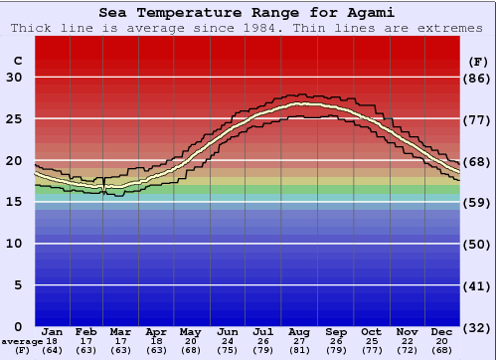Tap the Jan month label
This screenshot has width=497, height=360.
tap(53, 332)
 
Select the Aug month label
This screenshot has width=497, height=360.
tap(300, 332)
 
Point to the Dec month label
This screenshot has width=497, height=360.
tap(442, 332)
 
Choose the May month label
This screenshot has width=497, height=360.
tap(189, 332)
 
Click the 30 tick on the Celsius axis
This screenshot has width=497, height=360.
tap(15, 78)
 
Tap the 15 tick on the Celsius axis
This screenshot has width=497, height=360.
tap(15, 202)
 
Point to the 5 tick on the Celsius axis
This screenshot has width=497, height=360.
tap(18, 285)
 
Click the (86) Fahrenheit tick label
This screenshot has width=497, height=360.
tap(477, 78)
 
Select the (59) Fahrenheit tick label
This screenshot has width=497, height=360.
tap(477, 202)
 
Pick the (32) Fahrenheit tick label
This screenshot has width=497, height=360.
tap(477, 327)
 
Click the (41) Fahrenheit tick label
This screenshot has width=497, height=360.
tap(477, 285)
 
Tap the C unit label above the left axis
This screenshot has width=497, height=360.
tap(17, 61)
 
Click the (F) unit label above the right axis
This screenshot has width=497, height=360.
tap(477, 61)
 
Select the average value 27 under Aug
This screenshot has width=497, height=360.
tap(300, 341)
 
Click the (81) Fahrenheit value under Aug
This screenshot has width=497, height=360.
tap(300, 350)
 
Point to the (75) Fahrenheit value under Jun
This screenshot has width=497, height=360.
tap(228, 350)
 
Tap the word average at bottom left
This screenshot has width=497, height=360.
tap(22, 341)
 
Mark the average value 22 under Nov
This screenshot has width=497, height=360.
tap(407, 341)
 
